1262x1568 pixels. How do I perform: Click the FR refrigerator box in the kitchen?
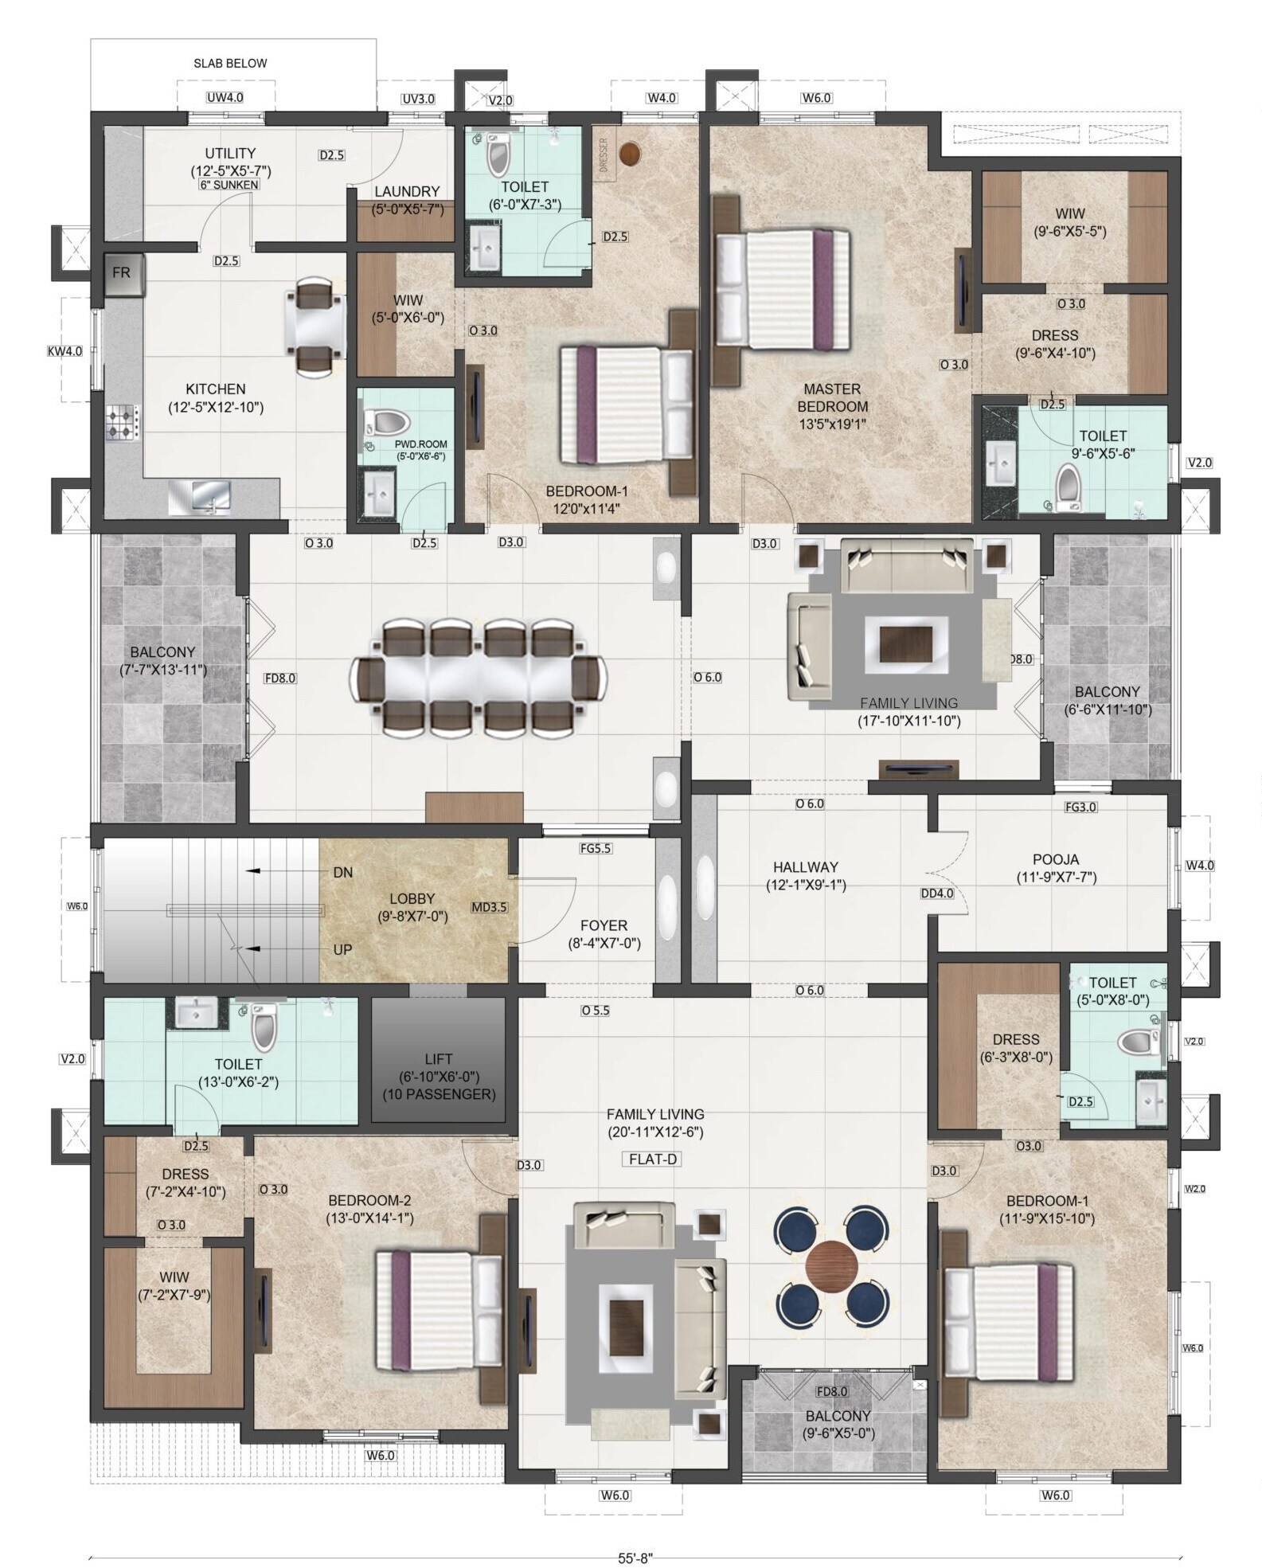tap(122, 272)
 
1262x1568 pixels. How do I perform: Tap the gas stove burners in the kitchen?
tap(123, 424)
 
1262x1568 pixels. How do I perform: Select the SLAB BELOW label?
tap(230, 63)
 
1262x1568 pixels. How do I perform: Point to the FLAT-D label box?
tap(652, 1159)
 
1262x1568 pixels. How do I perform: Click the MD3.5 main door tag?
tap(489, 906)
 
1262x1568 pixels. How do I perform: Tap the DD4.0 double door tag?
tap(937, 893)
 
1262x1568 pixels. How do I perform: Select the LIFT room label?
tap(438, 1058)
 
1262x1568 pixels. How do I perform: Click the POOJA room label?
tap(1056, 859)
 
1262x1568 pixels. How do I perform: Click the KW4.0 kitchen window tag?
tap(64, 350)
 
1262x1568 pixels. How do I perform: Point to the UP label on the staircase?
tap(342, 949)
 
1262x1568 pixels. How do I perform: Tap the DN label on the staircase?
tap(342, 872)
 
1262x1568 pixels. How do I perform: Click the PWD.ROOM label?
tap(421, 444)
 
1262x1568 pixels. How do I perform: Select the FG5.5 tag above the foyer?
tap(595, 849)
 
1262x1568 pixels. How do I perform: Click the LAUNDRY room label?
tap(407, 191)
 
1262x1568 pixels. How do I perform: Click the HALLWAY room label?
tap(805, 866)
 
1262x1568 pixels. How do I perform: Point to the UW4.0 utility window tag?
tap(225, 98)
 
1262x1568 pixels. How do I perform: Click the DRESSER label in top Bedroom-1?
tap(603, 151)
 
